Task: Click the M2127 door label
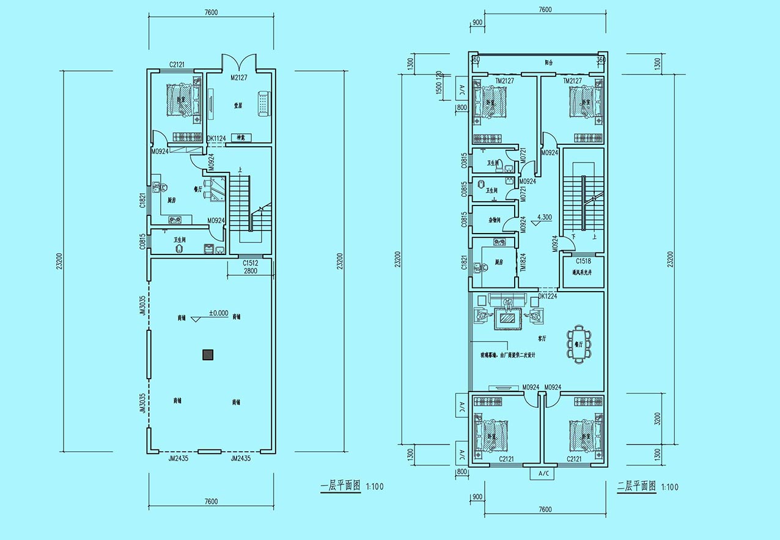click(239, 78)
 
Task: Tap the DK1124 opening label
click(216, 139)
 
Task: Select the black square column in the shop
click(208, 353)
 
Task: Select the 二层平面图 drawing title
click(636, 487)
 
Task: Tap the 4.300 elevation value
click(545, 216)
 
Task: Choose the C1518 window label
click(583, 262)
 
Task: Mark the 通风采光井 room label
click(583, 273)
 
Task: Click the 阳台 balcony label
click(549, 62)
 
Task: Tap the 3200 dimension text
click(658, 419)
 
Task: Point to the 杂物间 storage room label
click(495, 220)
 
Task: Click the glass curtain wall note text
click(504, 355)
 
